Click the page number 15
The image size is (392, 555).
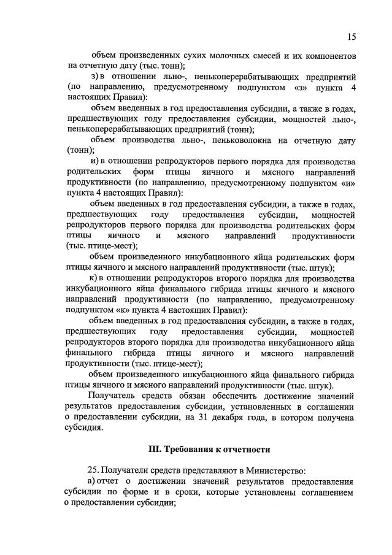(x=350, y=37)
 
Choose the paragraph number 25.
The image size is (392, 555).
(x=94, y=470)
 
